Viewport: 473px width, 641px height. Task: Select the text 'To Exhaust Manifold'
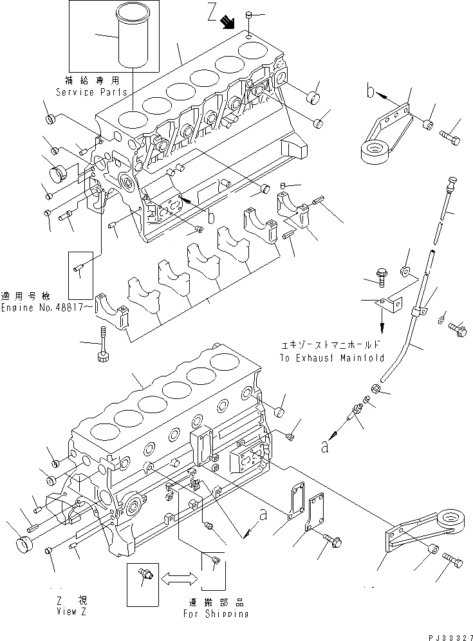coord(332,357)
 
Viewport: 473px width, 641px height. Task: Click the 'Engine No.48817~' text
coord(42,308)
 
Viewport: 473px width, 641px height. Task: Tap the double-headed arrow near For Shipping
coord(178,579)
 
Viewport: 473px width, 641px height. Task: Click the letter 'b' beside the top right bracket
coord(370,92)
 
